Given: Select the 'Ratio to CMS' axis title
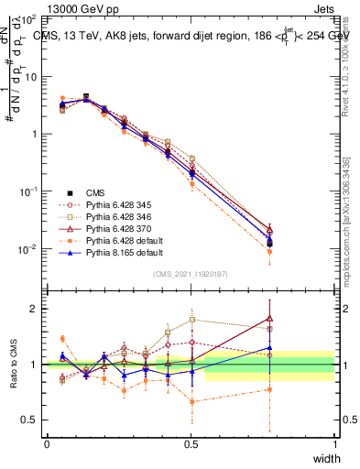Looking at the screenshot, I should (14, 365).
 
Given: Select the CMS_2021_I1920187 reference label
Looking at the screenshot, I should (191, 274).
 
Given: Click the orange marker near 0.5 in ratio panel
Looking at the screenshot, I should (191, 401).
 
